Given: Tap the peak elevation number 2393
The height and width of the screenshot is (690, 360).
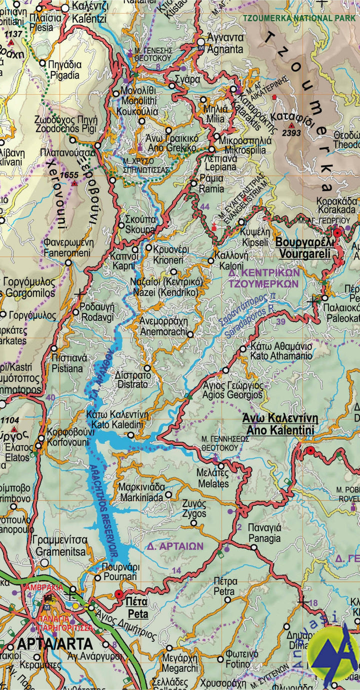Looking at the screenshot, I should coord(291,133).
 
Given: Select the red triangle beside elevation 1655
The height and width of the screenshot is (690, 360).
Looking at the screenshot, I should coord(74,183).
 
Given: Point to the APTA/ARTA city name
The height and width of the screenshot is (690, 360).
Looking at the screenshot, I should coord(55,643).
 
